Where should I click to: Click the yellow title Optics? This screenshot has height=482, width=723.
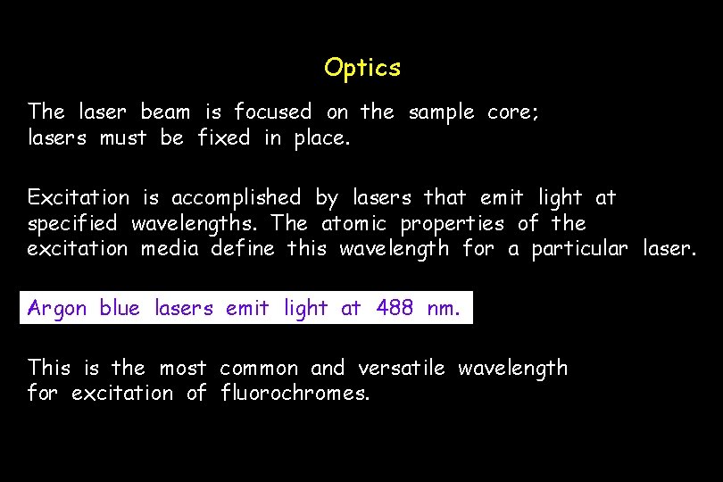click(362, 68)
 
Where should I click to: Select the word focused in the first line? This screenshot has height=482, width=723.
click(272, 112)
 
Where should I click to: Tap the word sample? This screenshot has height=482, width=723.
click(441, 112)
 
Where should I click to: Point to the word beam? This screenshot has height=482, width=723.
click(165, 112)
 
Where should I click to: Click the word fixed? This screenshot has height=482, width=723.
click(223, 138)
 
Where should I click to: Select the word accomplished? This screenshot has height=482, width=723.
click(236, 197)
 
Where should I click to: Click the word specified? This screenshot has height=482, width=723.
click(72, 223)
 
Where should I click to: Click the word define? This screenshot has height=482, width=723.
click(243, 248)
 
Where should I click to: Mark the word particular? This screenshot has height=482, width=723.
click(579, 248)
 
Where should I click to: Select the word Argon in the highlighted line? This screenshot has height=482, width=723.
click(57, 310)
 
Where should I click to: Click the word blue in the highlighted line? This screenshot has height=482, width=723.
click(120, 309)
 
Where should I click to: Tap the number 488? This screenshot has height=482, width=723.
click(395, 309)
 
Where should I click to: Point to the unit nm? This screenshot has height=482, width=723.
click(444, 310)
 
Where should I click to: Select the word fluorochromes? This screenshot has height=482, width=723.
click(295, 393)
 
